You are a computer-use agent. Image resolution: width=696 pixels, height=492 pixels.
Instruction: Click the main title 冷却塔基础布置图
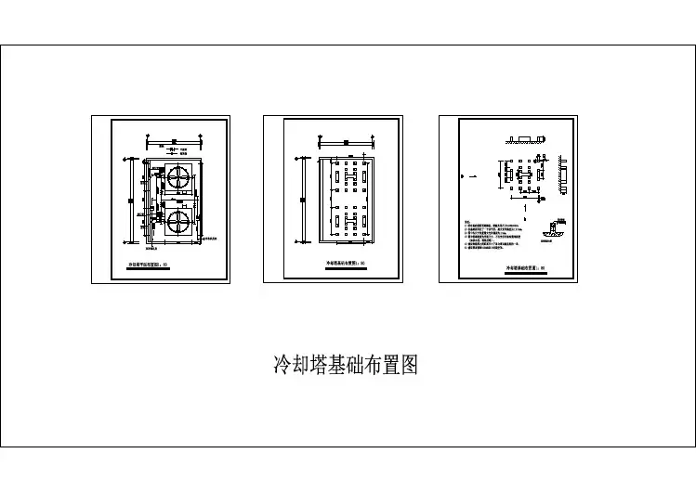(345, 364)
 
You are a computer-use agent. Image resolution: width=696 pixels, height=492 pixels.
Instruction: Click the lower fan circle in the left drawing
(178, 222)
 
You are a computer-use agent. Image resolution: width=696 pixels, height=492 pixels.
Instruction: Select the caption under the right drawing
(525, 268)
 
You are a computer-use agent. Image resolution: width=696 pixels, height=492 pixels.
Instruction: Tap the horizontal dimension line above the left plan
(173, 141)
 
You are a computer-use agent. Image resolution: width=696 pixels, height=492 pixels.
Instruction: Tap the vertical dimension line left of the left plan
(128, 204)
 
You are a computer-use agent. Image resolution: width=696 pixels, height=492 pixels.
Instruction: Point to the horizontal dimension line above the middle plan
(345, 141)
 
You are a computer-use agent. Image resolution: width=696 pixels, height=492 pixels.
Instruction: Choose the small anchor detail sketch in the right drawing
(555, 228)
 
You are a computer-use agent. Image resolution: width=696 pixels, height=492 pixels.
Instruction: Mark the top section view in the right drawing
(525, 141)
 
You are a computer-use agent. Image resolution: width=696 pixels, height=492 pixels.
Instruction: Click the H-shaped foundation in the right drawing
(525, 173)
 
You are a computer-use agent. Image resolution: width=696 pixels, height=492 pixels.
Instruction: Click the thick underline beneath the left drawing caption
(149, 269)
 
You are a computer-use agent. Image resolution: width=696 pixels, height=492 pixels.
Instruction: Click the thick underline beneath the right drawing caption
(525, 273)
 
